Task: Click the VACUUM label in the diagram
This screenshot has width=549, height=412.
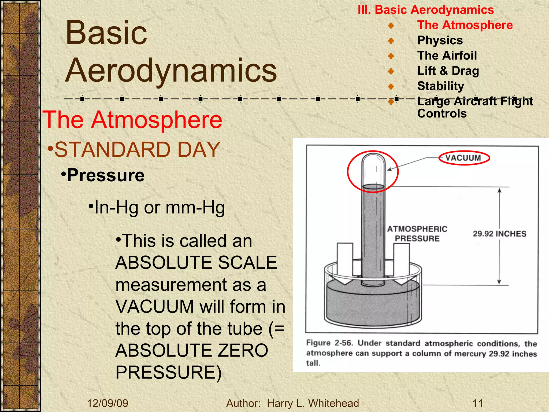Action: [463, 158]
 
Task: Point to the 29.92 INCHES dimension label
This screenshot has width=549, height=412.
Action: [499, 234]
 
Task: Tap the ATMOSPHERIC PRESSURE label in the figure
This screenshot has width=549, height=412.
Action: [417, 234]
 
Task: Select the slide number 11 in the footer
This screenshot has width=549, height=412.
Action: [478, 403]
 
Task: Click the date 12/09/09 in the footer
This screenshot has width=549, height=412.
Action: [108, 403]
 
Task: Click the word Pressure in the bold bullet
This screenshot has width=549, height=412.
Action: [106, 175]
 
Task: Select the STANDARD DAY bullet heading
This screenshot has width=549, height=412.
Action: [137, 150]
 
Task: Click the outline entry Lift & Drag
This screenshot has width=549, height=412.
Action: [448, 71]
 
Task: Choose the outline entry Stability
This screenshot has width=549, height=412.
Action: [440, 86]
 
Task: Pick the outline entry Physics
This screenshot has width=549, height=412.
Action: [440, 41]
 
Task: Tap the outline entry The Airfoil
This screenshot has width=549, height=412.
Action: [447, 56]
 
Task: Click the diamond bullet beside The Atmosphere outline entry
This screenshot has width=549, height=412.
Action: [391, 25]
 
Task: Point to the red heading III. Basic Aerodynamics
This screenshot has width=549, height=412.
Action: [426, 10]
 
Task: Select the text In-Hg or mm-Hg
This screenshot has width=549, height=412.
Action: [159, 208]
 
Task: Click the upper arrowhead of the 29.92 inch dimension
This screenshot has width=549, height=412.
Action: [499, 191]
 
